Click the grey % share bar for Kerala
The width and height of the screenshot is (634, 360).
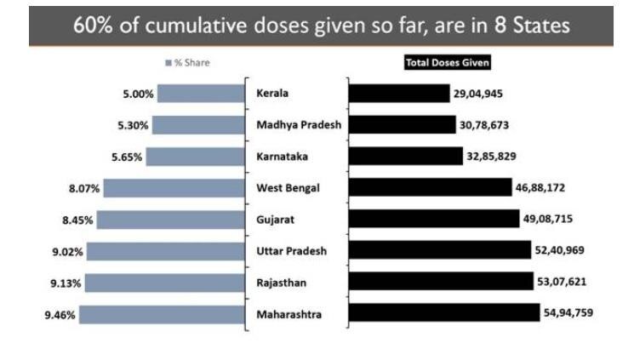pyautogui.click(x=201, y=94)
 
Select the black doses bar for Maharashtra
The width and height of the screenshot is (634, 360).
pyautogui.click(x=443, y=314)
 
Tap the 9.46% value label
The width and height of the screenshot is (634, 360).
pyautogui.click(x=60, y=315)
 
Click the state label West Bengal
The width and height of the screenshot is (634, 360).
pyautogui.click(x=288, y=188)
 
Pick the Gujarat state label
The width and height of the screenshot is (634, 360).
pyautogui.click(x=276, y=220)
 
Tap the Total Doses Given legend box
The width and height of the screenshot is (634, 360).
pyautogui.click(x=448, y=62)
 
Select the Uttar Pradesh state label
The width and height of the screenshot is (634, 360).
pyautogui.click(x=291, y=251)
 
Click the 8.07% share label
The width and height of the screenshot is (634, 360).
pyautogui.click(x=84, y=188)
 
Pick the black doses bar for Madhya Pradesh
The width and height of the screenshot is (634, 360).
pyautogui.click(x=402, y=125)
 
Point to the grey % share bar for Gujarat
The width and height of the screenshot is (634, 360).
pyautogui.click(x=170, y=220)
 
